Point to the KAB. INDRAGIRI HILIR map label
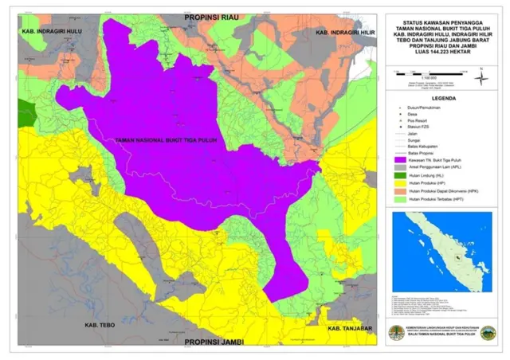(x=345, y=33)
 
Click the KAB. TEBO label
(x=102, y=326)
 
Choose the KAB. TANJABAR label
(x=350, y=329)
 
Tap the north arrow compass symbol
(x=480, y=76)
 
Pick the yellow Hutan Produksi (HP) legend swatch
(x=398, y=182)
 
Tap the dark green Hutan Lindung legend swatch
(x=398, y=174)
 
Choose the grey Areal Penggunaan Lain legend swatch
(x=398, y=167)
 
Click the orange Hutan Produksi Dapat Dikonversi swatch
(x=398, y=190)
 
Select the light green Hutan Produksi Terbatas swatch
(x=398, y=198)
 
